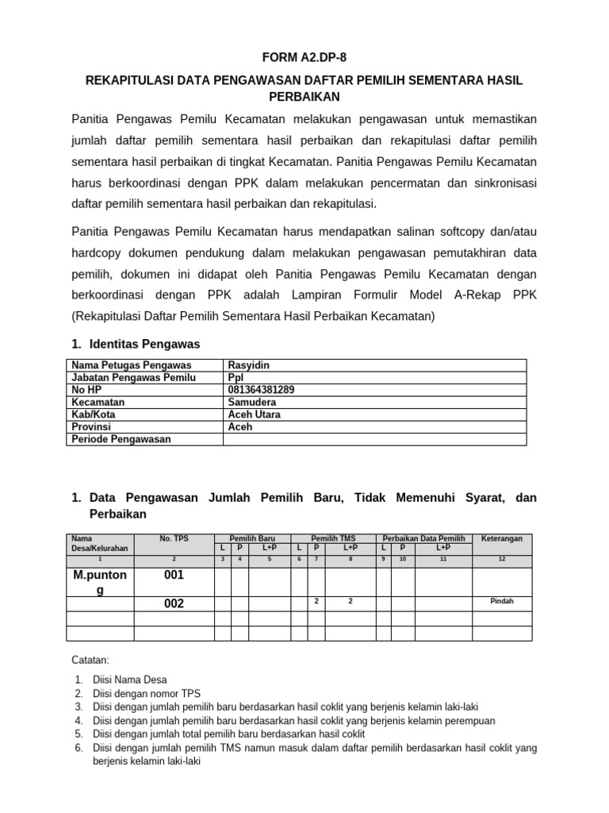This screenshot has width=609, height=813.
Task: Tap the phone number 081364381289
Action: tap(261, 390)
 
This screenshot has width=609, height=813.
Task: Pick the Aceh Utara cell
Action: tap(254, 414)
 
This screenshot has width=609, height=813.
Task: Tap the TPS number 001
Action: tap(174, 576)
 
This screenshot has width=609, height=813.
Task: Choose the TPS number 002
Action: tap(174, 603)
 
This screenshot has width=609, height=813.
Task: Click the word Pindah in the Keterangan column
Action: tap(502, 602)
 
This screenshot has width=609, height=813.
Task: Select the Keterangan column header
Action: tap(502, 538)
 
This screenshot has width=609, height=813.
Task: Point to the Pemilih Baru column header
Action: tap(252, 538)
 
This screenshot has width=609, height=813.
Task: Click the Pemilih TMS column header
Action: tap(333, 538)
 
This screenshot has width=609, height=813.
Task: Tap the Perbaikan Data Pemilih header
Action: tap(424, 538)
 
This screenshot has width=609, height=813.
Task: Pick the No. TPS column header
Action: tap(174, 538)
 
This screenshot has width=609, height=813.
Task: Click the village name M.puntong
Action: tap(100, 582)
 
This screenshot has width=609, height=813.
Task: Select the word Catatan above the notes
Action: tap(90, 659)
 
